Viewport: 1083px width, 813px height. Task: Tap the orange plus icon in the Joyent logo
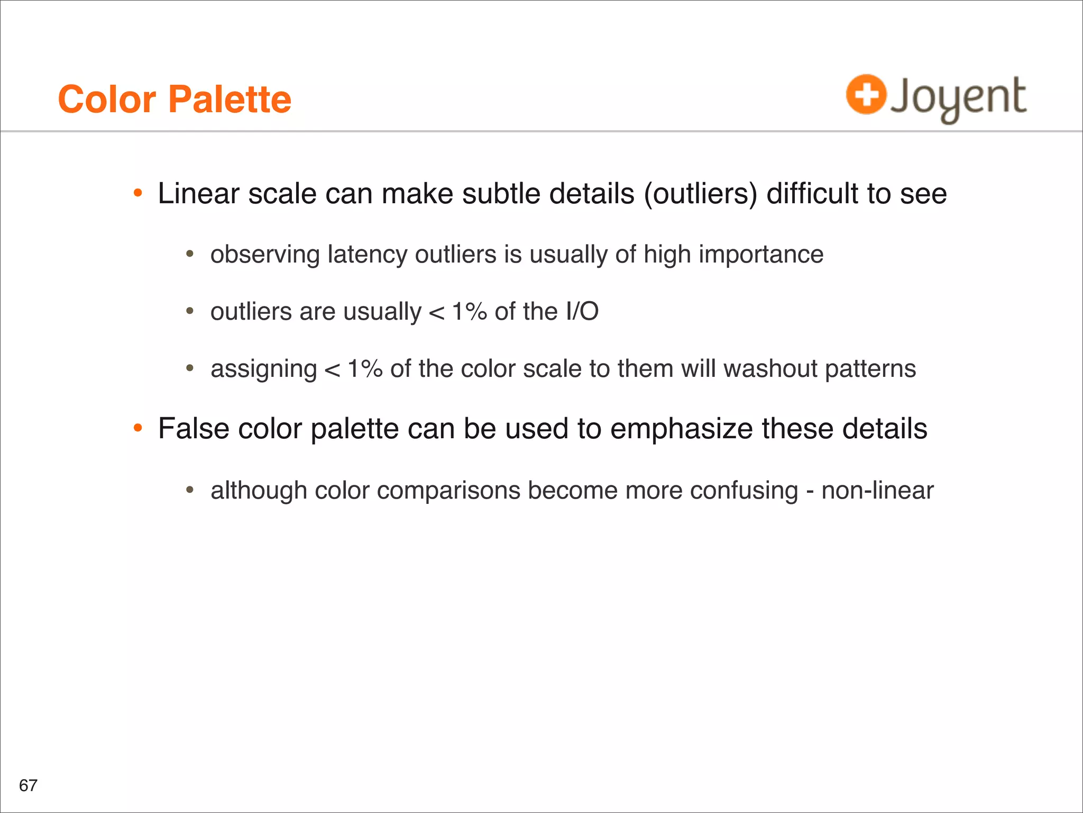[866, 95]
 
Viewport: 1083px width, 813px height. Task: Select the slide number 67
[28, 785]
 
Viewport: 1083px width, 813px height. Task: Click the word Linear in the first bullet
[198, 193]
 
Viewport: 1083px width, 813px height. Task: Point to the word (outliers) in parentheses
[701, 194]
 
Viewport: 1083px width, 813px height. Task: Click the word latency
[368, 255]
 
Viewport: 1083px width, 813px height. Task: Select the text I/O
[582, 311]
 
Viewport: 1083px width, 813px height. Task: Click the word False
[193, 428]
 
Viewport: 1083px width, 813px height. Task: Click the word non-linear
[877, 490]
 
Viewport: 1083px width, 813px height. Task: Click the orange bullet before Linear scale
[138, 193]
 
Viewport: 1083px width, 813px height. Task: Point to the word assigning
[263, 369]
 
